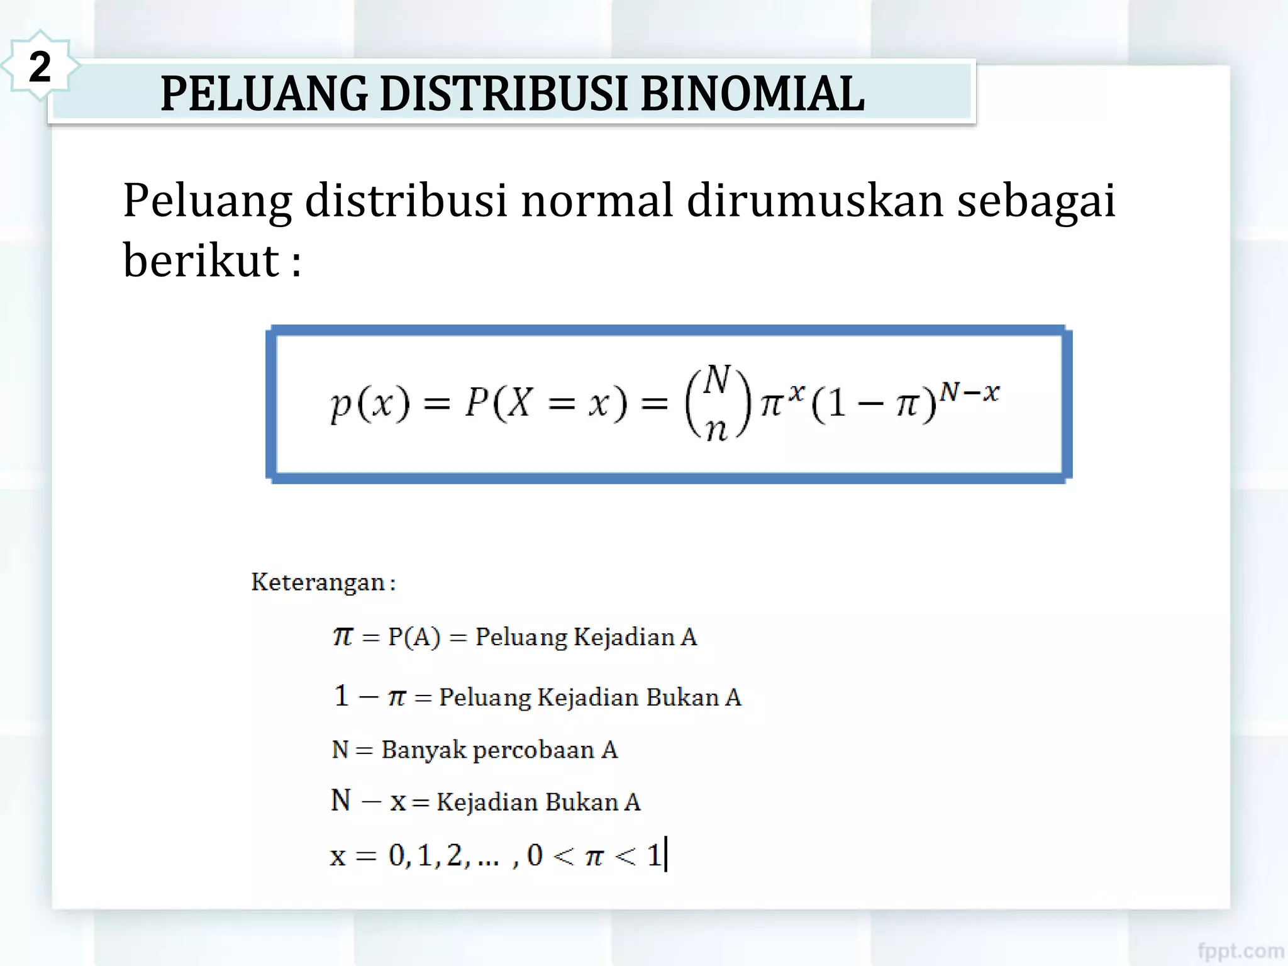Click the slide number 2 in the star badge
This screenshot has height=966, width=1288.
click(40, 67)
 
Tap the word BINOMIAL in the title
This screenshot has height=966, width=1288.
click(752, 94)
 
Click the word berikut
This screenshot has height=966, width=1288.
click(201, 260)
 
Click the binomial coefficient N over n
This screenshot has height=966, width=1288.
click(717, 403)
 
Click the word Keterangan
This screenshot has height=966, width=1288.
click(318, 582)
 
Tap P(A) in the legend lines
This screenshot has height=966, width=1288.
click(414, 637)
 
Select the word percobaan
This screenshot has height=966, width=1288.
click(533, 750)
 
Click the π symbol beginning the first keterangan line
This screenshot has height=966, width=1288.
click(343, 636)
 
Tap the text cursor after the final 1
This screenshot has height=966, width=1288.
click(666, 854)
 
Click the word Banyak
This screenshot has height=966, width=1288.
click(423, 750)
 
